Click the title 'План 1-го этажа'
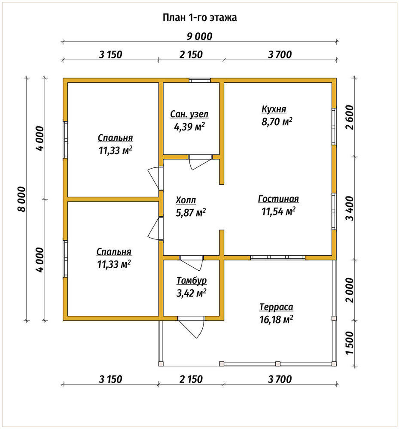tap(200, 18)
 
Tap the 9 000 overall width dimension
tap(200, 36)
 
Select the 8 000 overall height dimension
tap(21, 199)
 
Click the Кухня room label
tap(274, 109)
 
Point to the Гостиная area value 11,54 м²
tap(278, 211)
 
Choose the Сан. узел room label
tap(189, 114)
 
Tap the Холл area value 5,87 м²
tap(191, 213)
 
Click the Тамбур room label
tap(192, 281)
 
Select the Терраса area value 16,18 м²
tap(276, 319)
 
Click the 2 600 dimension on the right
tap(350, 118)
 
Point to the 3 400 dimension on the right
tap(350, 208)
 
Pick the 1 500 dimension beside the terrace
tap(350, 343)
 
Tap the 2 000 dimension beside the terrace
tap(350, 290)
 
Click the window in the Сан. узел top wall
tap(200, 81)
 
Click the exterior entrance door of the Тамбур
tap(192, 327)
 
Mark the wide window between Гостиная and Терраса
tap(278, 257)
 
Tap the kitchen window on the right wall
tap(334, 127)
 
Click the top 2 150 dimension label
tap(191, 54)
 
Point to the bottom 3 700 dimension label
tap(280, 379)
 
